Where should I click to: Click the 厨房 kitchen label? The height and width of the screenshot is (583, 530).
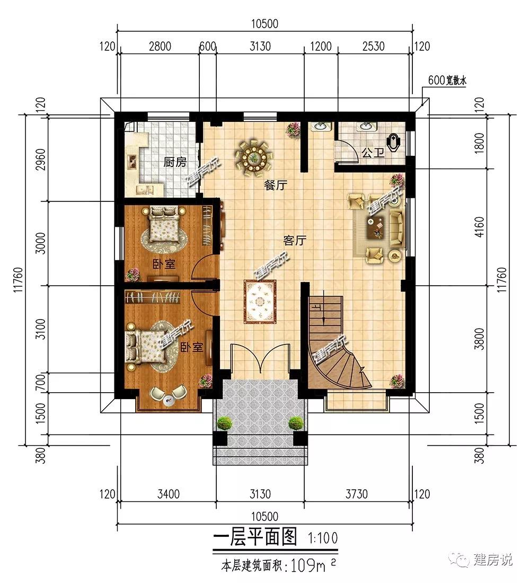pyautogui.click(x=175, y=163)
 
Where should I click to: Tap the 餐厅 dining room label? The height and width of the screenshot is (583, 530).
pyautogui.click(x=276, y=185)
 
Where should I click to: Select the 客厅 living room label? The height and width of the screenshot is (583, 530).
pyautogui.click(x=294, y=241)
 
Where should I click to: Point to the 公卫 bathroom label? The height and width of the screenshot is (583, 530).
pyautogui.click(x=373, y=153)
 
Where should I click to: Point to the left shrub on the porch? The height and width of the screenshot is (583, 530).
pyautogui.click(x=224, y=423)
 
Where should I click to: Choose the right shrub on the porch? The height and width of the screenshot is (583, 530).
pyautogui.click(x=296, y=423)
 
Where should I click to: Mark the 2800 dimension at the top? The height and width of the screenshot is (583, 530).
pyautogui.click(x=160, y=47)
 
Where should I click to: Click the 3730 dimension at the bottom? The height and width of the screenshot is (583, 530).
pyautogui.click(x=356, y=494)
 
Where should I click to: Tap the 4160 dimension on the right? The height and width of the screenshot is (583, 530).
pyautogui.click(x=480, y=227)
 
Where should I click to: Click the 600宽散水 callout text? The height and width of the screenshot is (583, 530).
pyautogui.click(x=447, y=81)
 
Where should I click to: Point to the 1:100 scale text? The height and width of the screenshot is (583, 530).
pyautogui.click(x=323, y=538)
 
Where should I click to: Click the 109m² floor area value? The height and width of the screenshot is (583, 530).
pyautogui.click(x=313, y=566)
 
